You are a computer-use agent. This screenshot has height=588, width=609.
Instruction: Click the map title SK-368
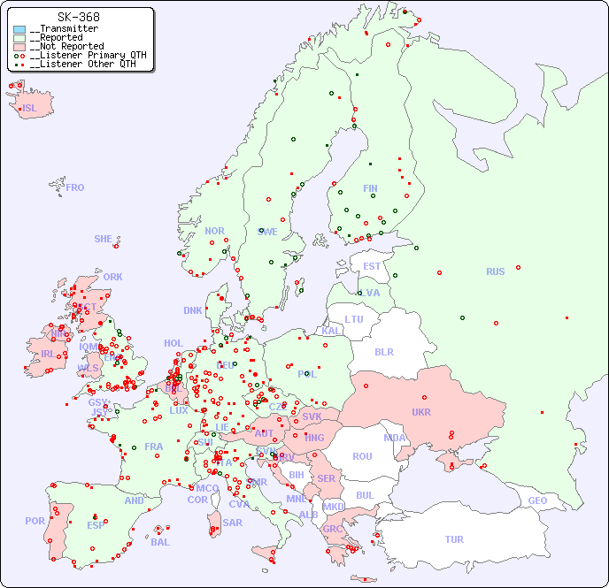tap(78, 17)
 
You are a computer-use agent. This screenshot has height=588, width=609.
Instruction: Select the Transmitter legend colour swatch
tap(19, 29)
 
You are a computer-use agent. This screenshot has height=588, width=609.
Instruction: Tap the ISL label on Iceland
tap(30, 109)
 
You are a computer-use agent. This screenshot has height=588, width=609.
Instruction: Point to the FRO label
tap(75, 187)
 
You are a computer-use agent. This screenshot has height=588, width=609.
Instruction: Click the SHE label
tap(103, 239)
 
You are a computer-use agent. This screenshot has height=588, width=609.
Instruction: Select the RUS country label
tap(495, 271)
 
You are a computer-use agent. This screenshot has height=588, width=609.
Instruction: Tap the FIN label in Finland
tap(370, 188)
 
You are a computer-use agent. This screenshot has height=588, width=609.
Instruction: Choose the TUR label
tap(454, 539)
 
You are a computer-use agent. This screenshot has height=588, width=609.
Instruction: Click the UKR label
tap(421, 412)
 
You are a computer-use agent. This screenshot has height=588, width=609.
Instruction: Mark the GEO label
tap(537, 500)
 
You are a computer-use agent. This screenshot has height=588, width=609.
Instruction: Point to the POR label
tap(35, 521)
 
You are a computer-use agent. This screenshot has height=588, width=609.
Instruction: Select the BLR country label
tap(384, 351)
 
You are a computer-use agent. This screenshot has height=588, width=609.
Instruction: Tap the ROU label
tap(362, 456)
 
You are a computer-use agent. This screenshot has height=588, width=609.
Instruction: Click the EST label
tap(372, 266)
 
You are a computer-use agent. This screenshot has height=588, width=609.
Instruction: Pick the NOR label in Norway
tap(214, 231)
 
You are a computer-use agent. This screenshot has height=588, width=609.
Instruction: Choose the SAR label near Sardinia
tap(233, 522)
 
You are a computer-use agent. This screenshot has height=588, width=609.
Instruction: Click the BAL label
tap(160, 542)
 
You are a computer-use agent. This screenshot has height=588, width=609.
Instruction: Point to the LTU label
tap(354, 319)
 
